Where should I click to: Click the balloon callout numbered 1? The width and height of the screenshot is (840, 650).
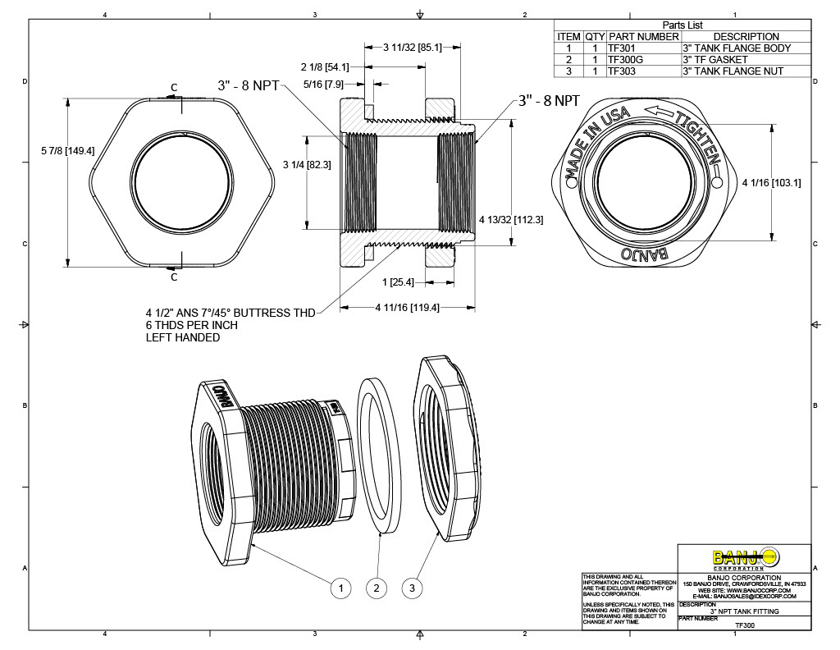(x=341, y=588)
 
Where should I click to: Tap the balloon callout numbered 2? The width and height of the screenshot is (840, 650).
(x=377, y=588)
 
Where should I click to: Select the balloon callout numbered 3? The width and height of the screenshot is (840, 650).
(x=413, y=588)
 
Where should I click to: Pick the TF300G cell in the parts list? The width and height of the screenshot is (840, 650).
(x=623, y=59)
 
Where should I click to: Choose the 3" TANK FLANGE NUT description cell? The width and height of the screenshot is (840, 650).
(x=732, y=71)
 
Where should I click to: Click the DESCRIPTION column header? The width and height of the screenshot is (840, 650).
(x=746, y=36)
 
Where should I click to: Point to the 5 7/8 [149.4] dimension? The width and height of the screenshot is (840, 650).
(x=67, y=150)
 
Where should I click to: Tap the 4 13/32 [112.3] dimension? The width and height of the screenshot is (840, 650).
(x=511, y=219)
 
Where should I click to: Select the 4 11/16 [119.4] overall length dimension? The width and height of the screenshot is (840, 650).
(x=397, y=308)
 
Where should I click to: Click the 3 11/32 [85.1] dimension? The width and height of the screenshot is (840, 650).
(x=413, y=48)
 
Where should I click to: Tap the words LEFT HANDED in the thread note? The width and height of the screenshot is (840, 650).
(x=181, y=337)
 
